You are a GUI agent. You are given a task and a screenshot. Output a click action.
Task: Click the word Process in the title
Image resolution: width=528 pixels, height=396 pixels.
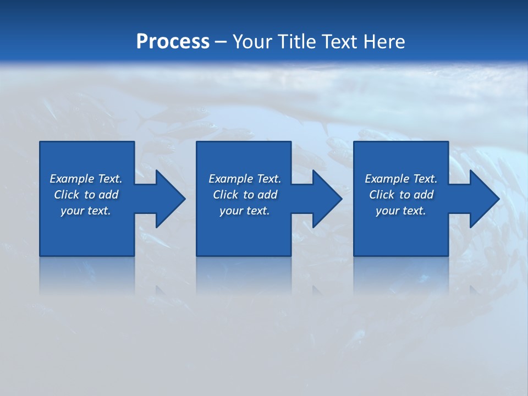click(x=173, y=42)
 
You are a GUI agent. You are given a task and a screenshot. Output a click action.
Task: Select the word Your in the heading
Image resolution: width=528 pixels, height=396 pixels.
click(x=253, y=42)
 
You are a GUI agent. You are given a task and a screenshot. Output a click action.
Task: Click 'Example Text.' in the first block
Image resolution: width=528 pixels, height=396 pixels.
click(x=86, y=179)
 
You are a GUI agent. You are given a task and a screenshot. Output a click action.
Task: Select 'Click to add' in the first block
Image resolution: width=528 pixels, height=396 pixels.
click(x=86, y=195)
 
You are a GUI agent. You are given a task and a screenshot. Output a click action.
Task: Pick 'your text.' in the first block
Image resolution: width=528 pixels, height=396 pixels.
click(x=86, y=211)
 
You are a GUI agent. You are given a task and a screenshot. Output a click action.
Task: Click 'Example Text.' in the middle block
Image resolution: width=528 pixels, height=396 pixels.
click(x=245, y=179)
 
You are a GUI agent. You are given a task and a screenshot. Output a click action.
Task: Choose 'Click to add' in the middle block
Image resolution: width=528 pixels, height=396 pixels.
click(x=245, y=195)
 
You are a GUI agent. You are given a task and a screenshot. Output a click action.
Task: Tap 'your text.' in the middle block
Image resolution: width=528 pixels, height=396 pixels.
click(x=245, y=211)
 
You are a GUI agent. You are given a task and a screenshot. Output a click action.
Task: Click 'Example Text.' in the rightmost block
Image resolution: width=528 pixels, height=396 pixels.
click(x=401, y=179)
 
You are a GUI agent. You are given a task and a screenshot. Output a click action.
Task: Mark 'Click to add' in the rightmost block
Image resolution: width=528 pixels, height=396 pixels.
click(x=401, y=195)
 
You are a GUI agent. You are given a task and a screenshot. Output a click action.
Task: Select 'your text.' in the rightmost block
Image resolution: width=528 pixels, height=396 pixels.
click(x=401, y=211)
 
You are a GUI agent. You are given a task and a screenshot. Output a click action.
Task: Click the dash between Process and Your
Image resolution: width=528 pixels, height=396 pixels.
click(x=221, y=42)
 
